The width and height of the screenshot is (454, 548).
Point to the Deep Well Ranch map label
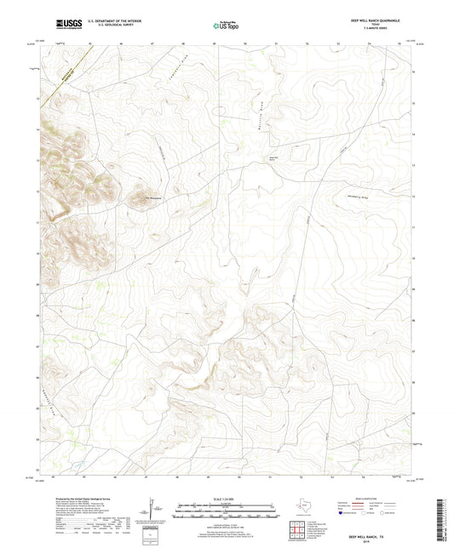[274, 157]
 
